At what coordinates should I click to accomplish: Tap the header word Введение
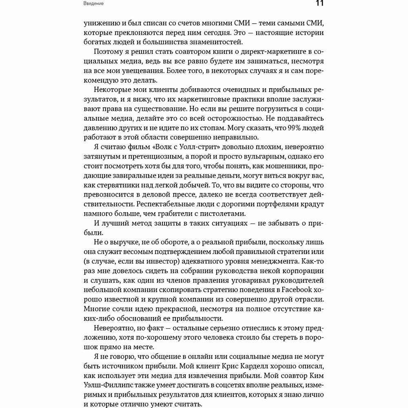tap(93, 4)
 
